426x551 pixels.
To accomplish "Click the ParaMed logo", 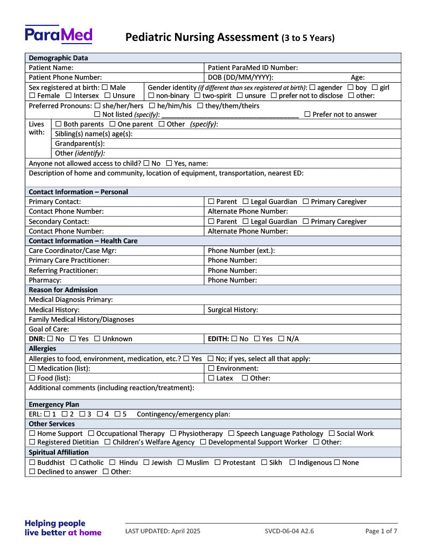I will [59, 34].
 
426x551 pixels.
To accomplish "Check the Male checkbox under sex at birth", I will [104, 87].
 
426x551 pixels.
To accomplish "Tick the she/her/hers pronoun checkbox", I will [97, 106].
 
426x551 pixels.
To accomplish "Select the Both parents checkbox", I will [58, 124].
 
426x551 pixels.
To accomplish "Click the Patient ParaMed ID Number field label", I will [253, 68].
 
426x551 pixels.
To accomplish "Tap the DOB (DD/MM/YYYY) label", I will [240, 77].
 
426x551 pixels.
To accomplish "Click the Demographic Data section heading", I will [58, 58].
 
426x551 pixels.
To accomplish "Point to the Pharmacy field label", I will [45, 280].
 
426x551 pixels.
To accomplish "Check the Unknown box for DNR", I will [97, 339].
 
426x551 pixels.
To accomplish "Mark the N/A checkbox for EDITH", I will [281, 339].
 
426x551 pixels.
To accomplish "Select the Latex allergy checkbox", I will [211, 378].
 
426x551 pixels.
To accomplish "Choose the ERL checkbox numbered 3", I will [82, 414].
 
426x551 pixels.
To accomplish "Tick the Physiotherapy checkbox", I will [173, 434].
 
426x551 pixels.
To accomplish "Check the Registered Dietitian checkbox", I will [32, 442].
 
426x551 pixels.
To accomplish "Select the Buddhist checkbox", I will [32, 463].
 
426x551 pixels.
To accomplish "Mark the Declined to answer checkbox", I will [32, 472].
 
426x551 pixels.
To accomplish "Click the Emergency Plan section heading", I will [54, 405].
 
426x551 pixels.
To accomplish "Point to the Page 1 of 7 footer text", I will [381, 531].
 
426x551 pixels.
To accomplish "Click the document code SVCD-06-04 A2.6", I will [289, 531].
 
